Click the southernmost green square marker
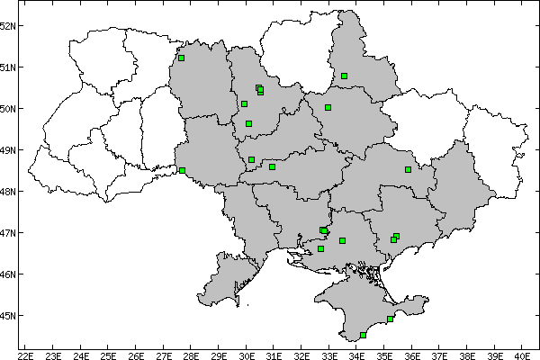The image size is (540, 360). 363,335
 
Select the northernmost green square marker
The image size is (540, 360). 181,58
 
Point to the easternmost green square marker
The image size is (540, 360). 408,169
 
